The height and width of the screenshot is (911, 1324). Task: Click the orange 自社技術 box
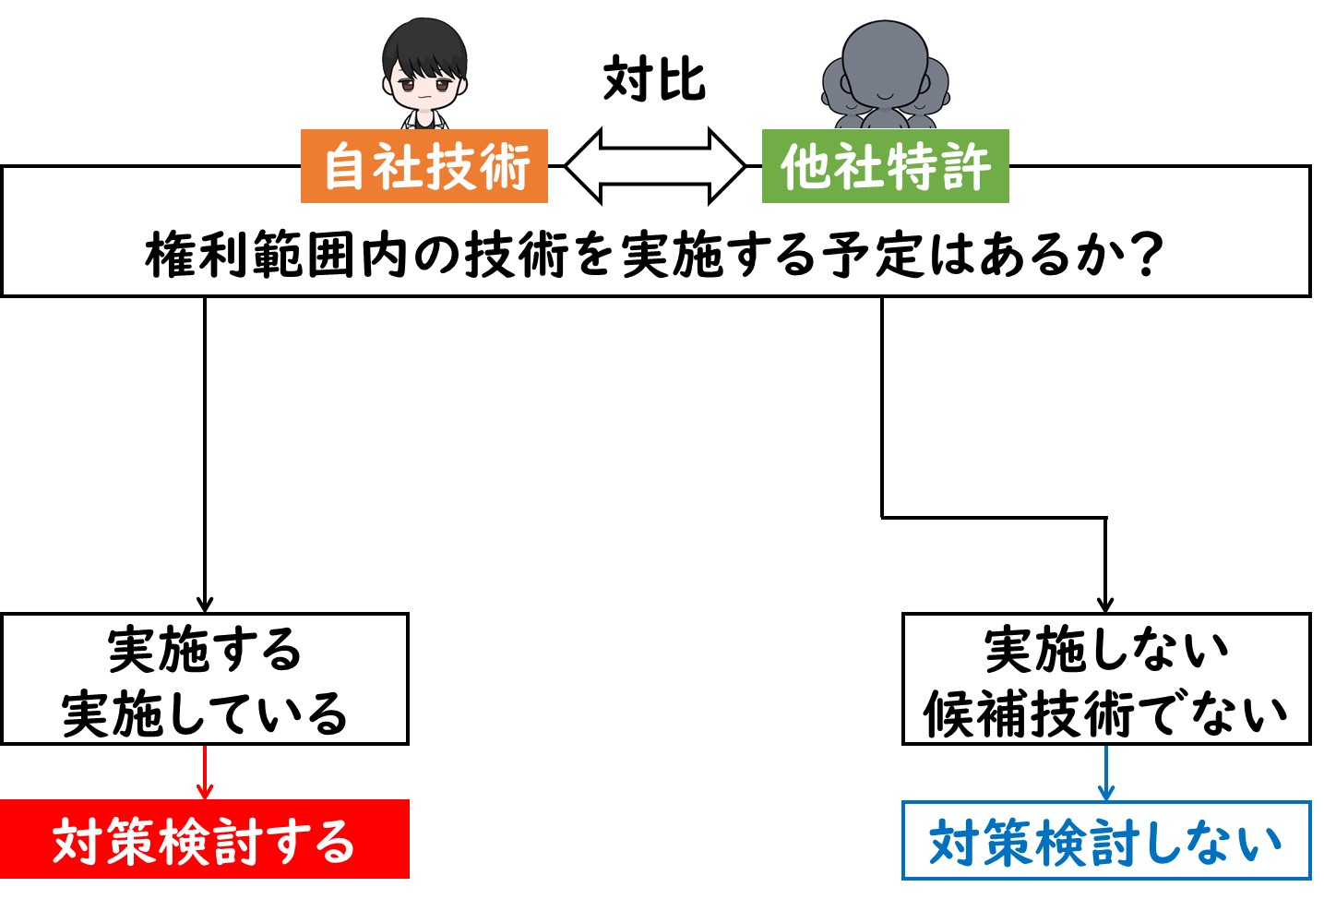424,166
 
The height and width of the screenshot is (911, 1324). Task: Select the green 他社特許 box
885,166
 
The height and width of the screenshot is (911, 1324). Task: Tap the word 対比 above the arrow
654,78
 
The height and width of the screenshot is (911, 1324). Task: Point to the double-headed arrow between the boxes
655,166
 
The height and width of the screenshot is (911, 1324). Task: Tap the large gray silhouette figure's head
885,65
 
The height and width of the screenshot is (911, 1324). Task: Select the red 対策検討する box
205,839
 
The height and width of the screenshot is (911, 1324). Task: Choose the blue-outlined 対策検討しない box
1106,840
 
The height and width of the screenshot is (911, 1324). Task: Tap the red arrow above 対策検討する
205,772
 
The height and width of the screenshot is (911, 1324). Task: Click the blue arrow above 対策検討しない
1106,773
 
